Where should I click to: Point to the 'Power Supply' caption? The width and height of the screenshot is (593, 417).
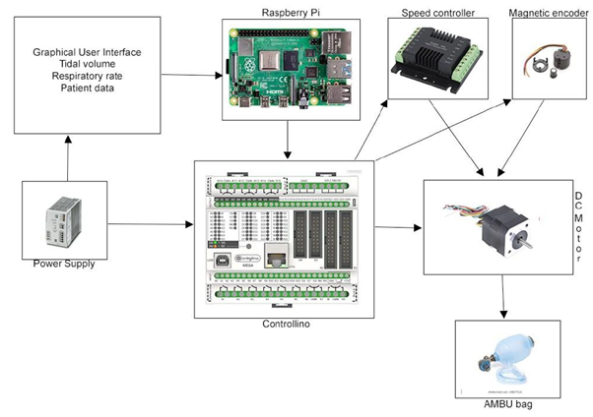[x=64, y=264]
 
